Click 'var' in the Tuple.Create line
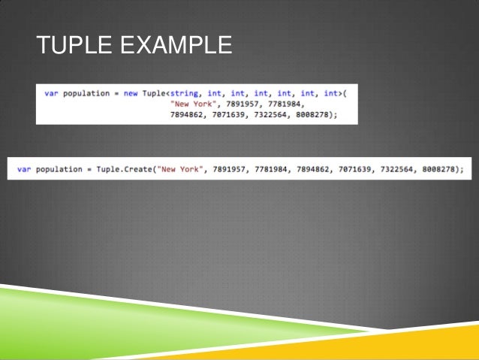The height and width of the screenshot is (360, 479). (x=24, y=169)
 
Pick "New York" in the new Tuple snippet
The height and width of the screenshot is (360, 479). (x=191, y=104)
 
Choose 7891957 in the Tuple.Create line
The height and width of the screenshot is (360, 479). (x=228, y=169)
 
